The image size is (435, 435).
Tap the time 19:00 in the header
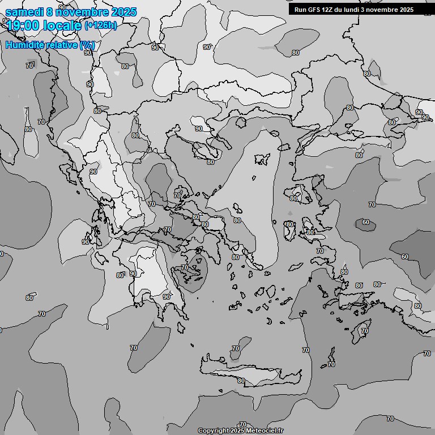point(23,25)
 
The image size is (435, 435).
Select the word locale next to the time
point(62,25)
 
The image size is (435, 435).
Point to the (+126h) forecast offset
point(101,25)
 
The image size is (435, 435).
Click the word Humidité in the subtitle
point(25,45)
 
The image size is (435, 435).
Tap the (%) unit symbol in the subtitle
point(87,45)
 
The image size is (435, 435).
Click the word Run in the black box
point(300,10)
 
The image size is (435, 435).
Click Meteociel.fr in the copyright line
point(265,431)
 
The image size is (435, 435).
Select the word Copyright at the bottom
point(214,431)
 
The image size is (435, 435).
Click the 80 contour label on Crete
point(242,381)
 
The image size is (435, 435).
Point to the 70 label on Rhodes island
point(365,331)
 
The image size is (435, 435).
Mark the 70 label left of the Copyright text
point(243,425)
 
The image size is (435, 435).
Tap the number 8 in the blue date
point(50,12)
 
